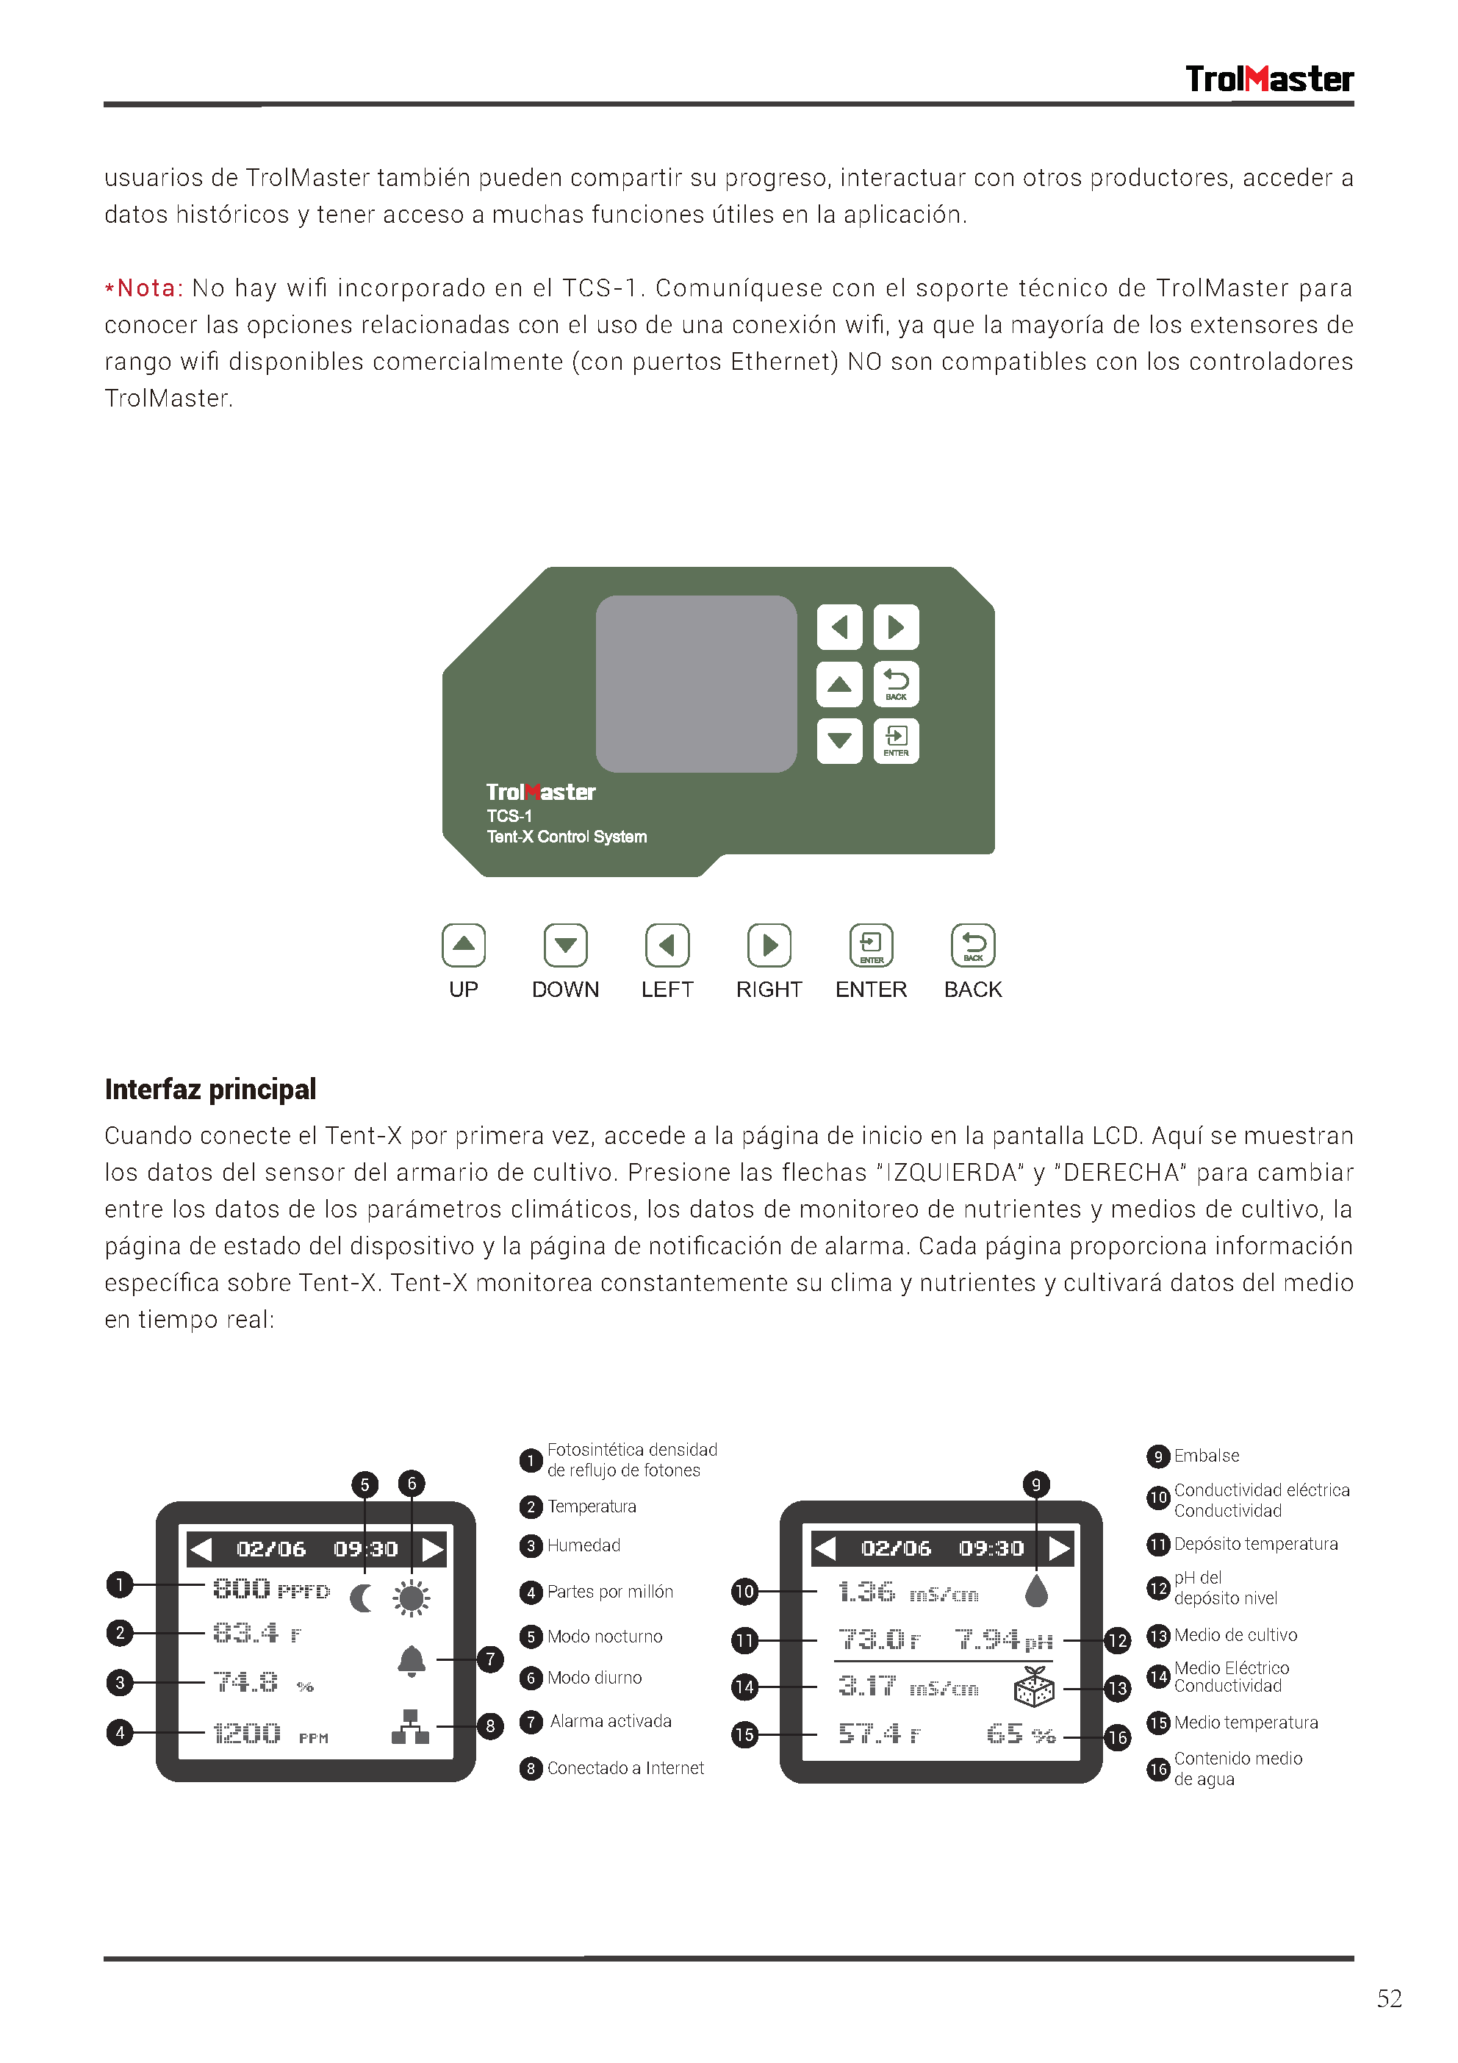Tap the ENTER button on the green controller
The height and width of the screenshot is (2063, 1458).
[896, 740]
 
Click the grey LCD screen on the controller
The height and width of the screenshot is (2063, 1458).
[696, 683]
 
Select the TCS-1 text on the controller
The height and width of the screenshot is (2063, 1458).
[509, 816]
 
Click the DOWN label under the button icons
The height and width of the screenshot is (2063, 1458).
[565, 990]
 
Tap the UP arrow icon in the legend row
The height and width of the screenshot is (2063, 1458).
[464, 945]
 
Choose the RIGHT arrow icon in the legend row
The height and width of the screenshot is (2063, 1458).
[769, 945]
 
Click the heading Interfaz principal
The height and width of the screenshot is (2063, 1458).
[210, 1089]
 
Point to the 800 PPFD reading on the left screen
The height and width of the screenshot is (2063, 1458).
[270, 1590]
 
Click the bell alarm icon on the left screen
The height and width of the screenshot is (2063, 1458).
[412, 1662]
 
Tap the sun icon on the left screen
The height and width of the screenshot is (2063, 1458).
[412, 1598]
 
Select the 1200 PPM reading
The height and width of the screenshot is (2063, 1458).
[270, 1733]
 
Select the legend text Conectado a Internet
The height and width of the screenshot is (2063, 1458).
[625, 1768]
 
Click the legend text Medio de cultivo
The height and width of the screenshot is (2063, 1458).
[1235, 1635]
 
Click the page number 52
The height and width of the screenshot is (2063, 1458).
[1389, 1999]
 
